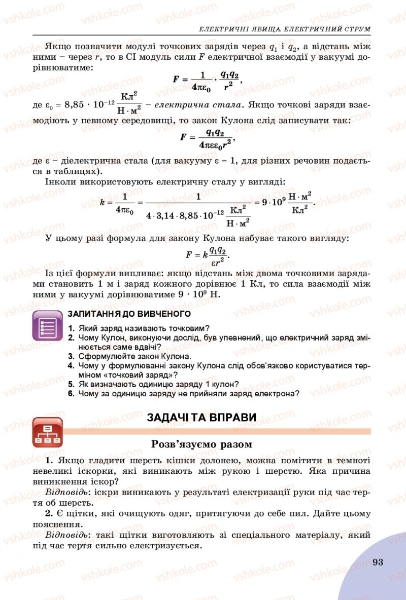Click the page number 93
[x=377, y=561]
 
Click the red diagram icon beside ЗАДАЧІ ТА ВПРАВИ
[x=48, y=432]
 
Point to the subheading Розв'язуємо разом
[x=201, y=444]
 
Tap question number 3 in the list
[x=72, y=356]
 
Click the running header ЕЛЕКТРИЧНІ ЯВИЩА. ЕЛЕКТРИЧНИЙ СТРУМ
[x=284, y=29]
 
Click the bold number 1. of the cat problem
[x=49, y=460]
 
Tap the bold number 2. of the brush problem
[x=49, y=514]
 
